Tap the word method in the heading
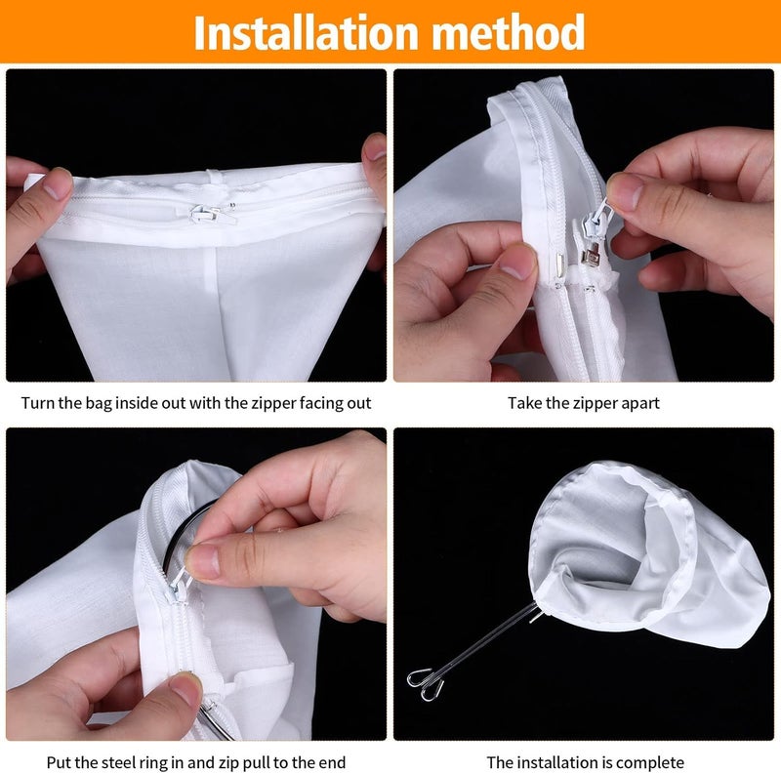point(508,32)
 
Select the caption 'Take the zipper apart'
point(583,403)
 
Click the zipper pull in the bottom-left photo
point(179,586)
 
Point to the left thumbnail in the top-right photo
point(518,263)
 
